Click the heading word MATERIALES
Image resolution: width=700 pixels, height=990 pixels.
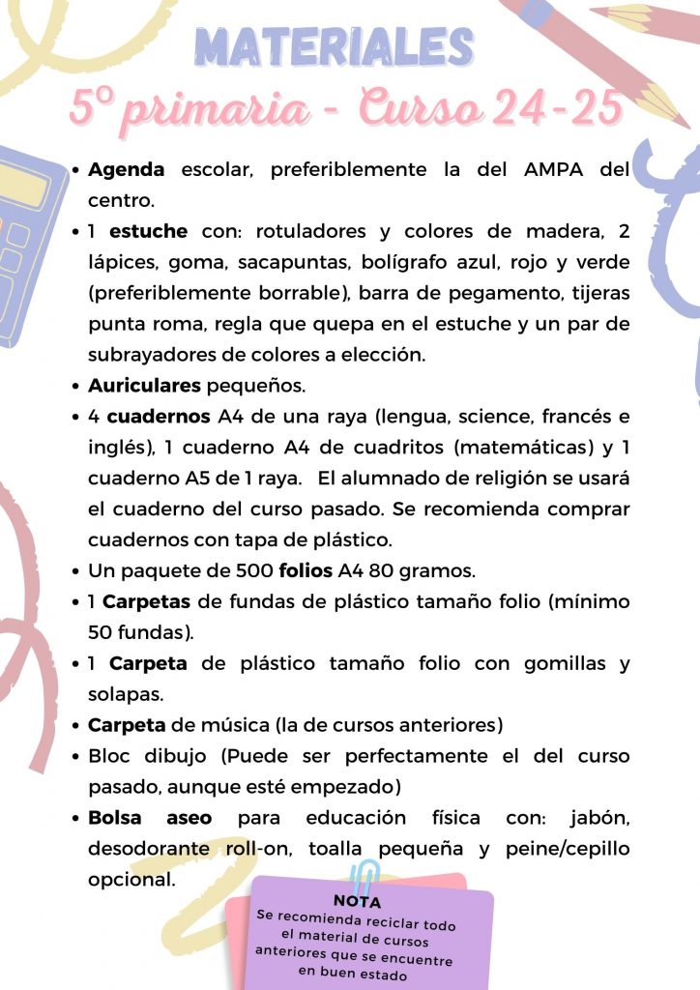click(x=335, y=46)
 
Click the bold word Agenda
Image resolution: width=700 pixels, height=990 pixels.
click(x=127, y=169)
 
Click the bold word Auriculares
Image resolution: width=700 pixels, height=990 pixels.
click(x=144, y=385)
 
